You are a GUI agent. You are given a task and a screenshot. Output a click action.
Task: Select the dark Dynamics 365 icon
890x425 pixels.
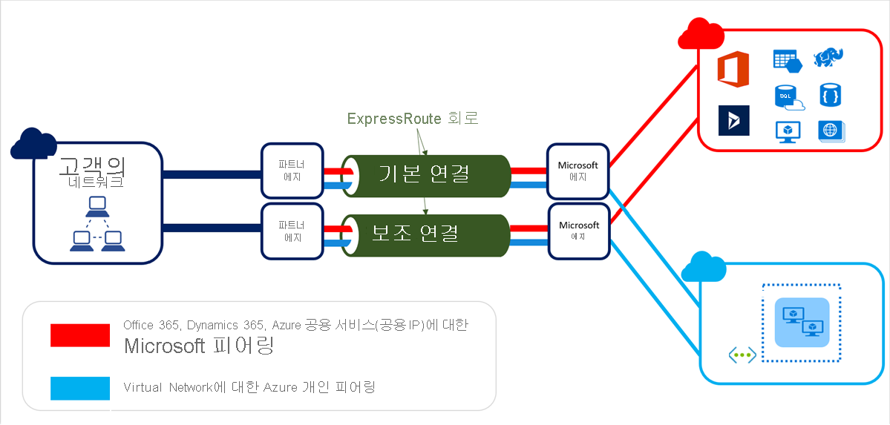[x=734, y=120]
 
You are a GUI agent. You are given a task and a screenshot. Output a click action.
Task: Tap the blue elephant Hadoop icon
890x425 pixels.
[x=828, y=57]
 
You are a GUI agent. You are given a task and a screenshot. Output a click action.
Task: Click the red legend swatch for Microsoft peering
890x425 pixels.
[x=79, y=335]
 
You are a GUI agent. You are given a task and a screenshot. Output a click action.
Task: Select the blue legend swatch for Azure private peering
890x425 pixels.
[x=79, y=388]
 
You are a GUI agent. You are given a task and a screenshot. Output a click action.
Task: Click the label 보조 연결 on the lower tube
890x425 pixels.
[x=416, y=232]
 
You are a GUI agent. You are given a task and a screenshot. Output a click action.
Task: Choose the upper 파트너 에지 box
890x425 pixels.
[x=292, y=171]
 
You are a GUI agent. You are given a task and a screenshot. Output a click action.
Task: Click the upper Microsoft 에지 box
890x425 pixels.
[x=578, y=171]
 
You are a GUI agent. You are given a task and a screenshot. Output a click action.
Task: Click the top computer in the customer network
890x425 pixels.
[x=96, y=205]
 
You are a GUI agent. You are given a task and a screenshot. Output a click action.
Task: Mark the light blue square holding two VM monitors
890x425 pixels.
[x=801, y=323]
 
